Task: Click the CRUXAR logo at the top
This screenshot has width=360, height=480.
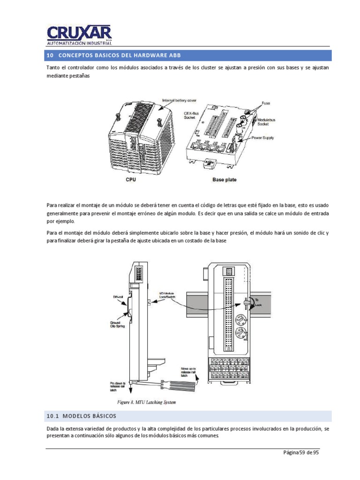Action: (79, 35)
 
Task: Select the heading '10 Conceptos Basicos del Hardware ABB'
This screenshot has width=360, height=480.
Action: (113, 56)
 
